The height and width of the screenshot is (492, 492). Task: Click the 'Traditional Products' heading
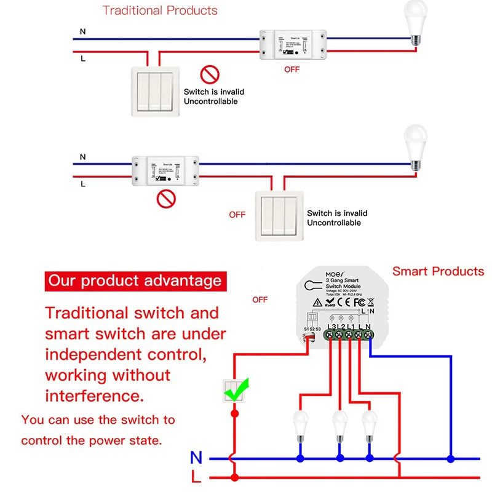click(x=160, y=10)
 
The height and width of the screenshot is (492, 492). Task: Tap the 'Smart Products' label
click(x=438, y=271)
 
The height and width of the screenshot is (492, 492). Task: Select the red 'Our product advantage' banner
click(x=135, y=282)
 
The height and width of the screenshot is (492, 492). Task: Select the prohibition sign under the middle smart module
click(x=165, y=199)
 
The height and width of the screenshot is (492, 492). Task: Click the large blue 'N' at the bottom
click(x=196, y=458)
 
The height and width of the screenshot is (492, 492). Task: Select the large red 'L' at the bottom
click(x=196, y=477)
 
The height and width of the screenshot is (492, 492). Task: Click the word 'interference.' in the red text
click(x=95, y=394)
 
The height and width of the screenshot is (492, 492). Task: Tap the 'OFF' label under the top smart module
click(x=292, y=69)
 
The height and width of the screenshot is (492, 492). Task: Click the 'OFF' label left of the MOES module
click(x=260, y=300)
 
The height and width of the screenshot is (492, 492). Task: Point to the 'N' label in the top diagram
click(x=82, y=31)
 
